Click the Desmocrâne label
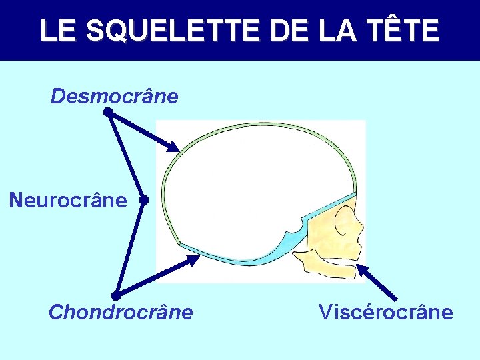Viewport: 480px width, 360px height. pyautogui.click(x=115, y=97)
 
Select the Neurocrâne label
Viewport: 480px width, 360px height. pyautogui.click(x=68, y=199)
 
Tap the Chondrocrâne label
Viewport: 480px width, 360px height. pyautogui.click(x=121, y=312)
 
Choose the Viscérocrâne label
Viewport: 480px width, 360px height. pyautogui.click(x=386, y=312)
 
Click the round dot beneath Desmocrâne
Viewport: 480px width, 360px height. pyautogui.click(x=107, y=113)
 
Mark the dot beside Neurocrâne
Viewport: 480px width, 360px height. pyautogui.click(x=143, y=199)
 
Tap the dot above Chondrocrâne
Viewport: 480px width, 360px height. pyautogui.click(x=115, y=295)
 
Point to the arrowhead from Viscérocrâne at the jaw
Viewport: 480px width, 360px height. pyautogui.click(x=361, y=269)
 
